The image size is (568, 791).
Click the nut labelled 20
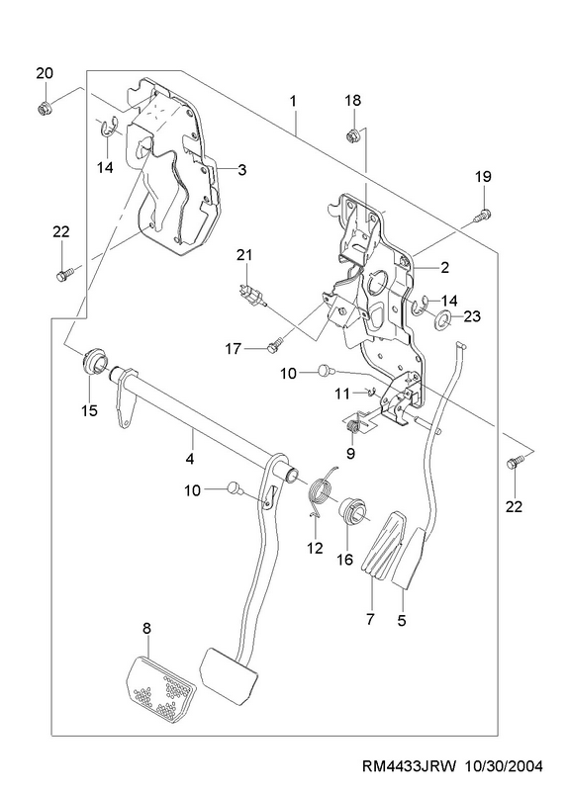click(44, 108)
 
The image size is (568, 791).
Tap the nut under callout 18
click(352, 135)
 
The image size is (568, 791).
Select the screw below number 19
click(482, 215)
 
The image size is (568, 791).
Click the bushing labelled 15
click(94, 361)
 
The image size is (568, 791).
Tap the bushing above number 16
click(353, 511)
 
